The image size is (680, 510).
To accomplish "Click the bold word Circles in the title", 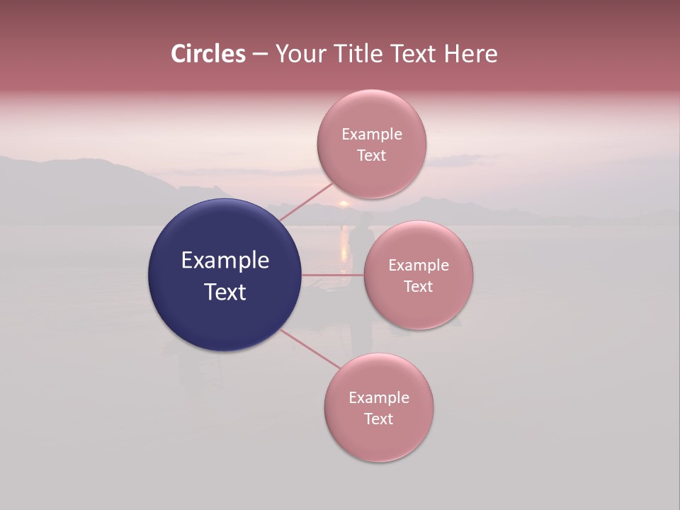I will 208,54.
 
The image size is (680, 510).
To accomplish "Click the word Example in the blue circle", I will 225,261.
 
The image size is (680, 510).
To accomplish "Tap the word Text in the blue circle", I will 225,292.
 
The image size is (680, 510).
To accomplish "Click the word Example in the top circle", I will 372,135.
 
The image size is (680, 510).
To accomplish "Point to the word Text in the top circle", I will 372,155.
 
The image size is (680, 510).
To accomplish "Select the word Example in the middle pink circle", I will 419,266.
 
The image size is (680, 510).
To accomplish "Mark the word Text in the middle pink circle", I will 419,286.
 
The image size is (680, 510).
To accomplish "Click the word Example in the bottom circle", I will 379,398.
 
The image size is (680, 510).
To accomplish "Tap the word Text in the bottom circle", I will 379,419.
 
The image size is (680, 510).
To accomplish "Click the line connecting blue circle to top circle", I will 306,202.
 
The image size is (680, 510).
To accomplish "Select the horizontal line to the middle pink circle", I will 333,275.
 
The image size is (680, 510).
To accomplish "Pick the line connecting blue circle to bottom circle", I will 310,349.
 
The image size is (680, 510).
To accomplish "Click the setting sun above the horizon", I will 344,203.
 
